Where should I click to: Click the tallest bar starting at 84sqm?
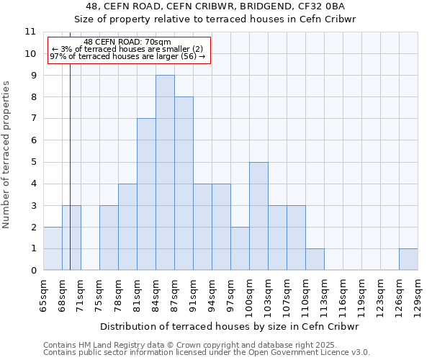pyautogui.click(x=165, y=173)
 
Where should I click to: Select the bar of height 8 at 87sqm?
pyautogui.click(x=184, y=184)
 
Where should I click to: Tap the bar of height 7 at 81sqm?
pyautogui.click(x=146, y=194)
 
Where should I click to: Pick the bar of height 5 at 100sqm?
pyautogui.click(x=258, y=216)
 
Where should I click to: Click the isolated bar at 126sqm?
pyautogui.click(x=408, y=259)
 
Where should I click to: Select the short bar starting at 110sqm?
pyautogui.click(x=315, y=259)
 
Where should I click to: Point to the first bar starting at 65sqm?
pyautogui.click(x=53, y=248)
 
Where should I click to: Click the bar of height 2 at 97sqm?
pyautogui.click(x=240, y=248)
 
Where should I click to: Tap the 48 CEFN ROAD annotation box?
pyautogui.click(x=128, y=50)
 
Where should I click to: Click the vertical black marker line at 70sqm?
pyautogui.click(x=70, y=144)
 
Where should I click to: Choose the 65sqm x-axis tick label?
pyautogui.click(x=44, y=295)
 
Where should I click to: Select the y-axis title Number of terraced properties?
pyautogui.click(x=7, y=155)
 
